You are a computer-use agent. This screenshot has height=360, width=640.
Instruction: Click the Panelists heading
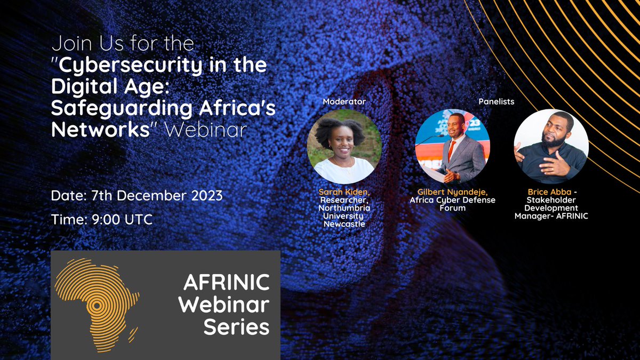[x=497, y=101]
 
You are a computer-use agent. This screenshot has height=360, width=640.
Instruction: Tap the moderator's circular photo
[x=344, y=147]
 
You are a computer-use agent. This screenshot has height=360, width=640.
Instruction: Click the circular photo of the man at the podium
[x=452, y=147]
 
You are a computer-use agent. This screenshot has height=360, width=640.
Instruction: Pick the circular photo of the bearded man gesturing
[x=551, y=147]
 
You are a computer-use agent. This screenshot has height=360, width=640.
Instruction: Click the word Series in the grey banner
[x=236, y=326]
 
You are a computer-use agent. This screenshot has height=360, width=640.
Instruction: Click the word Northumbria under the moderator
[x=344, y=209]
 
